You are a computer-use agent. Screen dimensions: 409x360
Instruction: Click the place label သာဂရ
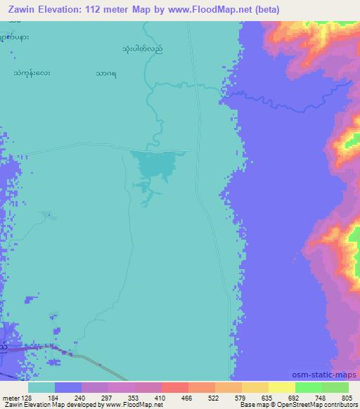108,72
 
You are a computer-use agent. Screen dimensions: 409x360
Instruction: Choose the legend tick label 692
296,398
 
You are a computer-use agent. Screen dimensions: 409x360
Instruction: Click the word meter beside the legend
11,398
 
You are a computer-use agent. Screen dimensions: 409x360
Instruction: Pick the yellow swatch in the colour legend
281,387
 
